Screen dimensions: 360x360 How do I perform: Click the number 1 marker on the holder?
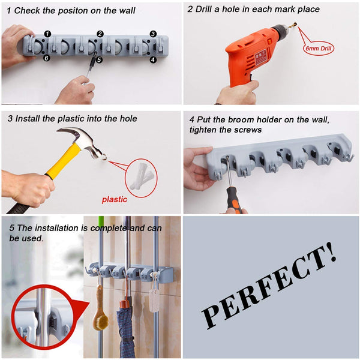(48, 34)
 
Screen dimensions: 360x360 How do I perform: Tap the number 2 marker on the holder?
(100, 34)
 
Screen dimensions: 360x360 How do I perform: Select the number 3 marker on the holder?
(153, 34)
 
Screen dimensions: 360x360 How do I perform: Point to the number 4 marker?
(153, 59)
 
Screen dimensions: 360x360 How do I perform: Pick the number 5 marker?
(100, 59)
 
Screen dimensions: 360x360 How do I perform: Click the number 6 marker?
(47, 58)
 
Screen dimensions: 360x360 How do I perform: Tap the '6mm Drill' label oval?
(317, 47)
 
